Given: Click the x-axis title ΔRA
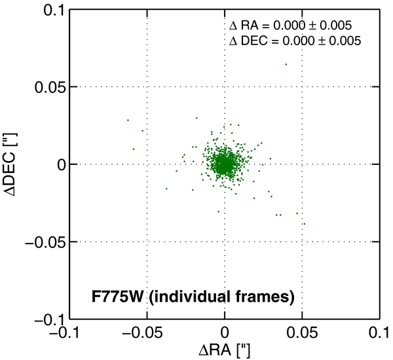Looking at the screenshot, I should (224, 351).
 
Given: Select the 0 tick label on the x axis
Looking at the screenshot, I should (225, 334).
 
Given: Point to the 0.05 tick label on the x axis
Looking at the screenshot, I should (302, 334).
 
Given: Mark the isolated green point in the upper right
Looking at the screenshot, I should (286, 64).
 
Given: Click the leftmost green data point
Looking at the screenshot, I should (128, 120).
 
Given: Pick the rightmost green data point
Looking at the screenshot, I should (304, 224).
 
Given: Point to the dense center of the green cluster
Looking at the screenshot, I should (224, 164).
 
